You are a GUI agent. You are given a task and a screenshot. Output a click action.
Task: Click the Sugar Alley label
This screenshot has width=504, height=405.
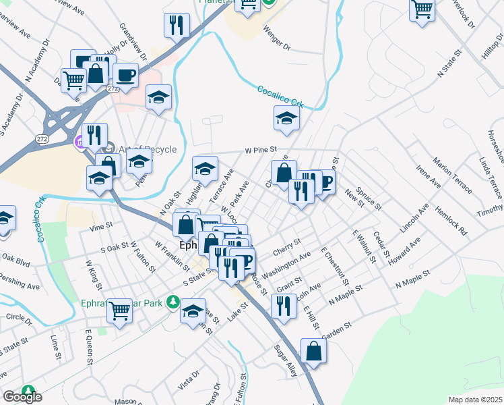click(285, 360)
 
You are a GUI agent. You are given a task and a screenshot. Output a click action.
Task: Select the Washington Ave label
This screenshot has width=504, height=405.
click(286, 265)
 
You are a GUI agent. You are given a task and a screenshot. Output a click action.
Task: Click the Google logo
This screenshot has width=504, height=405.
click(22, 397)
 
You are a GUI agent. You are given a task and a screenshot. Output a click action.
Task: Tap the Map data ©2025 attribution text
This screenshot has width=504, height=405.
click(475, 400)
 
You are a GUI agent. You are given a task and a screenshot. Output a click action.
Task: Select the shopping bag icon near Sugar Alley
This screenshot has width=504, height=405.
click(313, 351)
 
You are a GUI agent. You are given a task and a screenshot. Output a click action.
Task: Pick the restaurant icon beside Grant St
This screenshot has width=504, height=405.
click(284, 306)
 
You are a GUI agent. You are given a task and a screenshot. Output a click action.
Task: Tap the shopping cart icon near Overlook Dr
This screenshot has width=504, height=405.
click(422, 10)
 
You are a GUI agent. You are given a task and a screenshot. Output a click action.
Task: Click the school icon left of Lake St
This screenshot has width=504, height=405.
click(193, 311)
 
